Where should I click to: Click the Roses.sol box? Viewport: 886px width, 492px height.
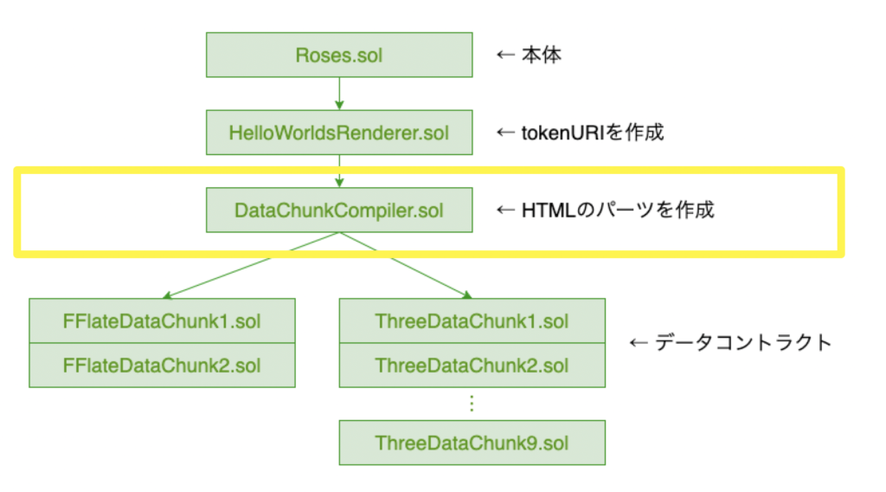339,55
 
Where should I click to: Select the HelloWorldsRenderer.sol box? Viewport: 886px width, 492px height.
339,133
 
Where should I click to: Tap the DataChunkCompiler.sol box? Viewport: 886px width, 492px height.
339,210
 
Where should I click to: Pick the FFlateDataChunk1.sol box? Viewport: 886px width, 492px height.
162,320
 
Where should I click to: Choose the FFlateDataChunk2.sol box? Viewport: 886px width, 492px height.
162,366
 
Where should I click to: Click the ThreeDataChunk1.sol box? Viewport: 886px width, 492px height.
472,320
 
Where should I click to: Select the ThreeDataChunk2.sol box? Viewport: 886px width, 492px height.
472,366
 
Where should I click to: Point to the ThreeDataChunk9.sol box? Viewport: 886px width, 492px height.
472,443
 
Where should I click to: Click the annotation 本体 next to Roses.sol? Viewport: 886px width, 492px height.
542,55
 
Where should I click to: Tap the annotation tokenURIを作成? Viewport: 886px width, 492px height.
592,133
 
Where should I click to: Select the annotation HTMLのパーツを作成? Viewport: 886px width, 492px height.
618,210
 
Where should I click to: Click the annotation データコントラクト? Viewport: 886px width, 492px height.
743,342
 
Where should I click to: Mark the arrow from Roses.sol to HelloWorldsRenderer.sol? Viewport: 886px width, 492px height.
339,94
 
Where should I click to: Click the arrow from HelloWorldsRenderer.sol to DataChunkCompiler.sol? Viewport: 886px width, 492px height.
339,171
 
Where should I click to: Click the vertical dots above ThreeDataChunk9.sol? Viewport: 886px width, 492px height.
472,404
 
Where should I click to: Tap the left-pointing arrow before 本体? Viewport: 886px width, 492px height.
505,55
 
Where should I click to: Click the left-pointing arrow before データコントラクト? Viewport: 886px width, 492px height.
639,343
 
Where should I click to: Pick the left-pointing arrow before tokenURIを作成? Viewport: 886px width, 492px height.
505,133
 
